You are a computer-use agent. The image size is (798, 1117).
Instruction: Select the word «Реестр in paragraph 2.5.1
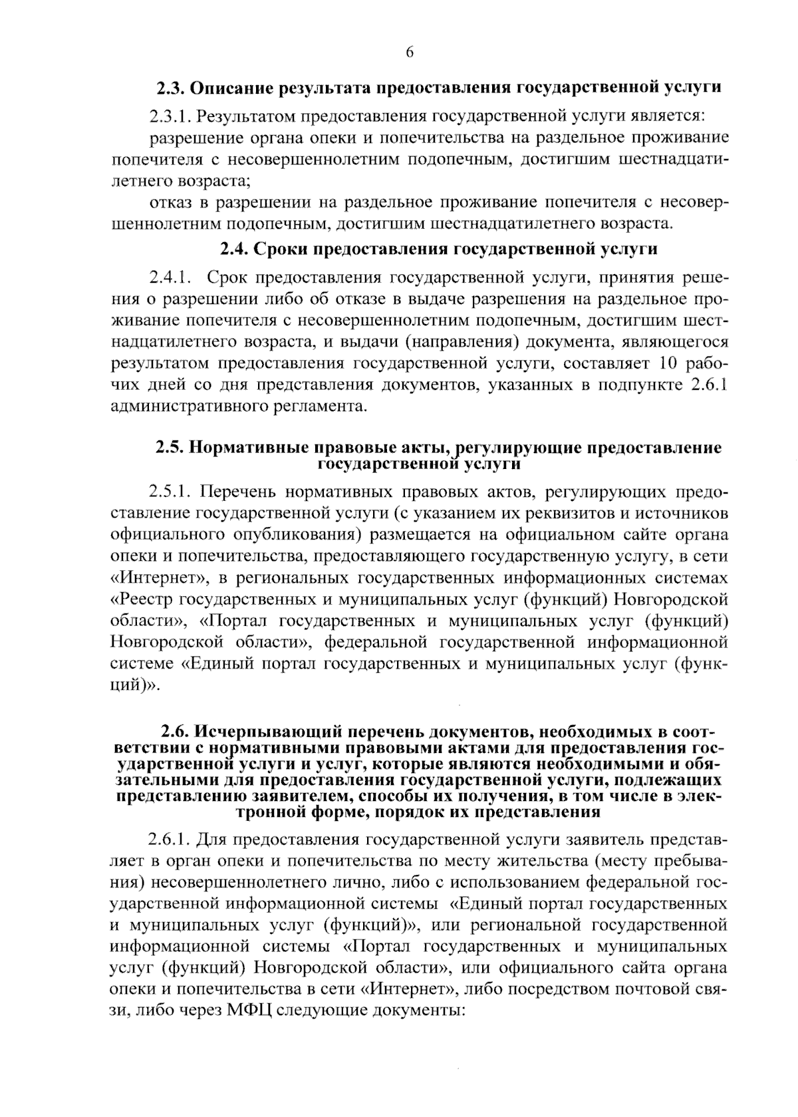coord(142,599)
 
